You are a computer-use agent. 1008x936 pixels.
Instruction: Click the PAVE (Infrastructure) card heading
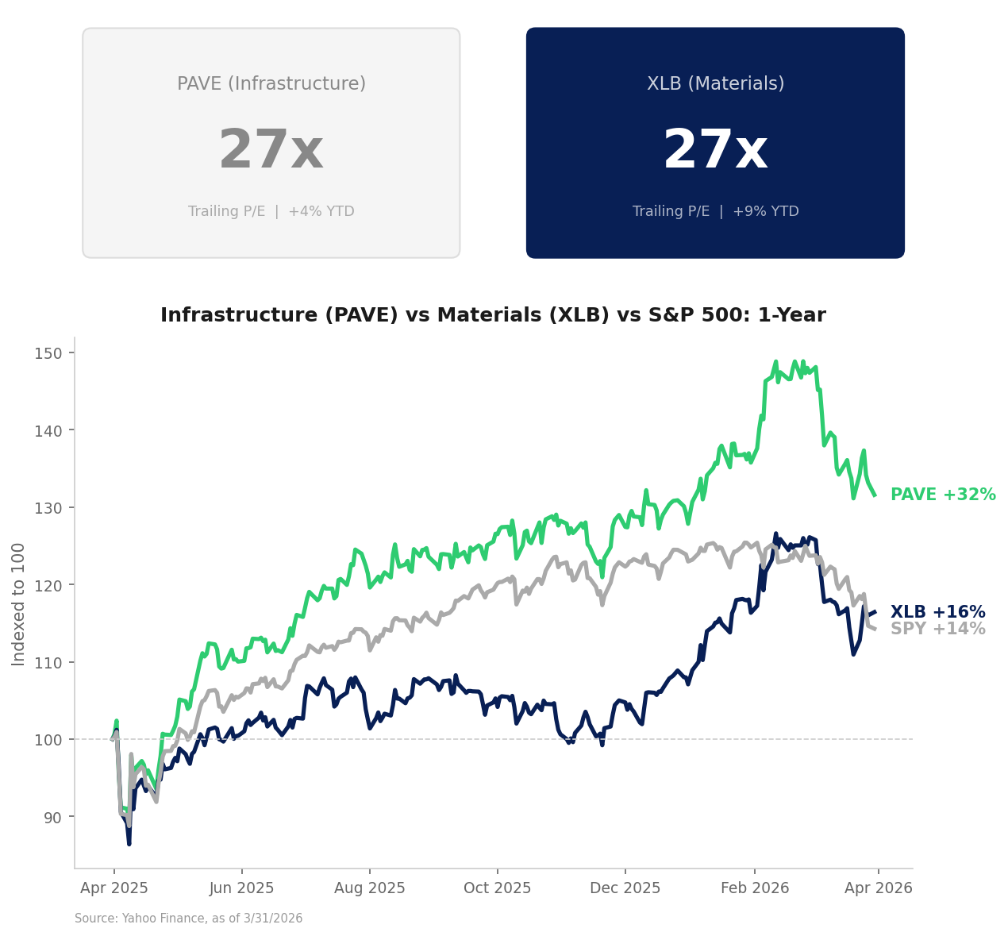pos(271,84)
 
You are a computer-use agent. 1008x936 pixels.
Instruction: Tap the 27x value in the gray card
pos(271,151)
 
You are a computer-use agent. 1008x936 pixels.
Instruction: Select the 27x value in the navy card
pos(715,151)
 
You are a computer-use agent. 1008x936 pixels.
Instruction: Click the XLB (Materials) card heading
pos(715,84)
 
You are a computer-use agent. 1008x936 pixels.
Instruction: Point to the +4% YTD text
pos(321,212)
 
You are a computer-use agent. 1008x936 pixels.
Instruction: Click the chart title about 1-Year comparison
pos(493,315)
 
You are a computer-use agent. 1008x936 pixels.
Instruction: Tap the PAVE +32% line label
pos(942,495)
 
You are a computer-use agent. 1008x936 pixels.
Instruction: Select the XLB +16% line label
pos(937,613)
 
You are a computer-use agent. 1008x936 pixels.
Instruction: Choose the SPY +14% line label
pos(937,630)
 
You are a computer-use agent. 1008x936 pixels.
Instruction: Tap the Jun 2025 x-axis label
pos(241,888)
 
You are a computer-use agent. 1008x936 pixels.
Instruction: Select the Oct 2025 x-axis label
pos(497,888)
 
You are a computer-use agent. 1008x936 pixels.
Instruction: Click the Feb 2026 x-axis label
pos(754,888)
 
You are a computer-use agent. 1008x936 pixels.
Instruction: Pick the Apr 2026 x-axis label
pos(878,888)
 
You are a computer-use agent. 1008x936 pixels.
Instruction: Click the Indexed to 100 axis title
pos(19,604)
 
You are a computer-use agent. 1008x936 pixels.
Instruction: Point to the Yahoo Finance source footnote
pos(188,919)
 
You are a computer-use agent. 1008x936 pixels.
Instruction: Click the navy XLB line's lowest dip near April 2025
pos(129,843)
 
